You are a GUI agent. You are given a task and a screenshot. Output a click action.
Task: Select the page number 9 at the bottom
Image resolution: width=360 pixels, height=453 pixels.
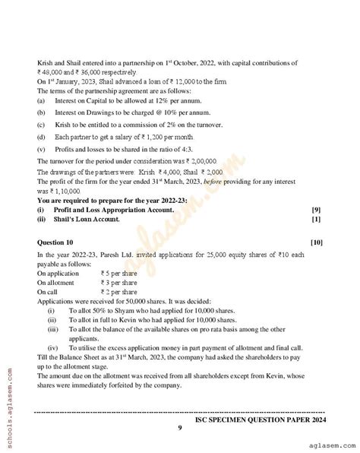click(x=179, y=428)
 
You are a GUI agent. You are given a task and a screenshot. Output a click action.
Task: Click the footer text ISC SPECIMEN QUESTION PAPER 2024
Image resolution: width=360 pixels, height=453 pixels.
click(x=260, y=419)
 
